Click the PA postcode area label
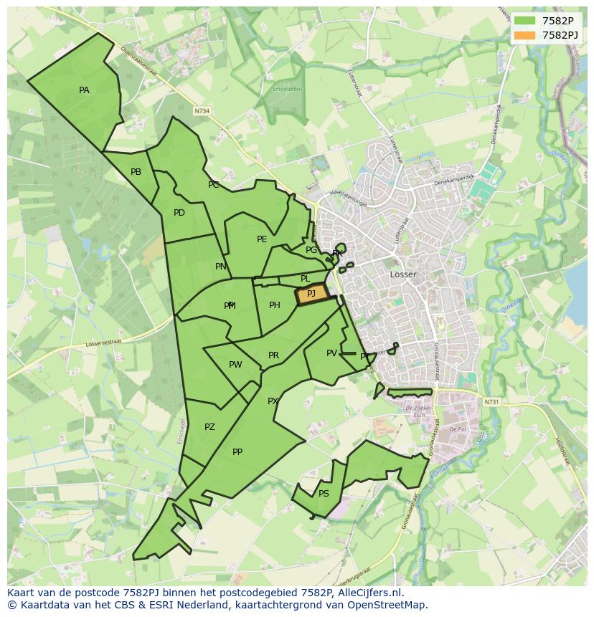(x=84, y=90)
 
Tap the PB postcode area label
(x=136, y=172)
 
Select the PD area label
(x=179, y=213)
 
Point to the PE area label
(x=262, y=239)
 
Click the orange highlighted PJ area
(x=311, y=294)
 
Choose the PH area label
(x=275, y=305)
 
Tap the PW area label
(x=235, y=365)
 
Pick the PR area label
(x=273, y=355)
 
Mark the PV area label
(x=331, y=353)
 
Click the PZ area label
(x=209, y=427)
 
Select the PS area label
(x=324, y=494)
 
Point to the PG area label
(x=311, y=250)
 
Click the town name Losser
(x=403, y=274)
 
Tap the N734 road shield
(x=202, y=111)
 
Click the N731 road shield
(x=491, y=402)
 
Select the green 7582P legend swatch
(x=524, y=21)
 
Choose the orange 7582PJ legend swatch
(x=524, y=35)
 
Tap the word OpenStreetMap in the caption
(x=390, y=605)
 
